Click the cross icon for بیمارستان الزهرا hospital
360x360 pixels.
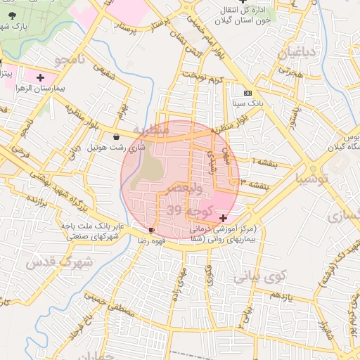point(40,78)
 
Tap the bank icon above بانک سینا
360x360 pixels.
point(247,93)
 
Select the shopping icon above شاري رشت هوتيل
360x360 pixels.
point(116,137)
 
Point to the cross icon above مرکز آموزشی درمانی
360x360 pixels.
point(224,219)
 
